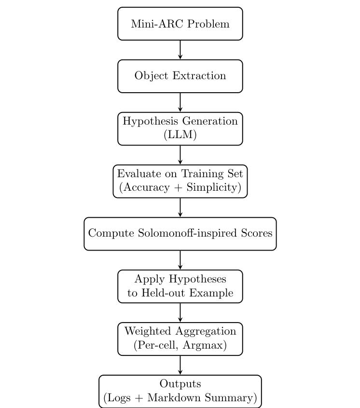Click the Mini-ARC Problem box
[180, 24]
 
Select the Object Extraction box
[180, 76]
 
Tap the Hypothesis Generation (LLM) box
[180, 128]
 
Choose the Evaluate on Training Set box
[180, 181]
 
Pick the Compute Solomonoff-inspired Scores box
[180, 234]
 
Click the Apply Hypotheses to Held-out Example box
[180, 286]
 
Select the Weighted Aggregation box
[180, 339]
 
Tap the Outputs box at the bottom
[180, 391]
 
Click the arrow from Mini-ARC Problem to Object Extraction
[180, 50]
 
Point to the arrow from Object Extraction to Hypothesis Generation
[180, 102]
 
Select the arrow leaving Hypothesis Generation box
[180, 155]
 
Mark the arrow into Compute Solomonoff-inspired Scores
[180, 208]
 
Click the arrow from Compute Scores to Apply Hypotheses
[180, 260]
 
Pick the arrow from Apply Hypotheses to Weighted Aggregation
[180, 313]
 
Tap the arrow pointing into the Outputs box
[180, 365]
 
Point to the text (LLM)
[180, 135]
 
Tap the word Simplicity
[213, 188]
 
